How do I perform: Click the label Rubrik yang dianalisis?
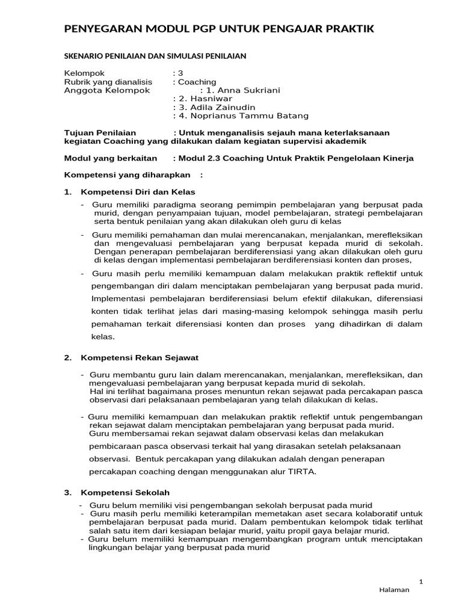[108, 82]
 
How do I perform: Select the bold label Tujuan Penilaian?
[100, 132]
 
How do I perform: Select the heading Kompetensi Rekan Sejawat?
[140, 358]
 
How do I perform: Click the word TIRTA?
[302, 472]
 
